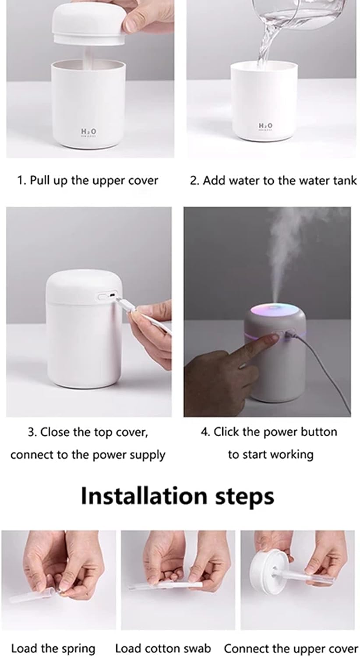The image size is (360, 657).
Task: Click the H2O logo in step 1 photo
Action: [x=88, y=131]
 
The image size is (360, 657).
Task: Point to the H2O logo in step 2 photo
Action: [x=265, y=126]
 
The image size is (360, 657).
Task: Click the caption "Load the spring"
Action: [x=53, y=648]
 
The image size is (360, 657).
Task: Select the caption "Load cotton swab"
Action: [x=163, y=648]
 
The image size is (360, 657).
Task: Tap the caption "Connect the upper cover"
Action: [x=291, y=648]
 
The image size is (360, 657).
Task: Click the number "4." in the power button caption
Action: [x=206, y=432]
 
